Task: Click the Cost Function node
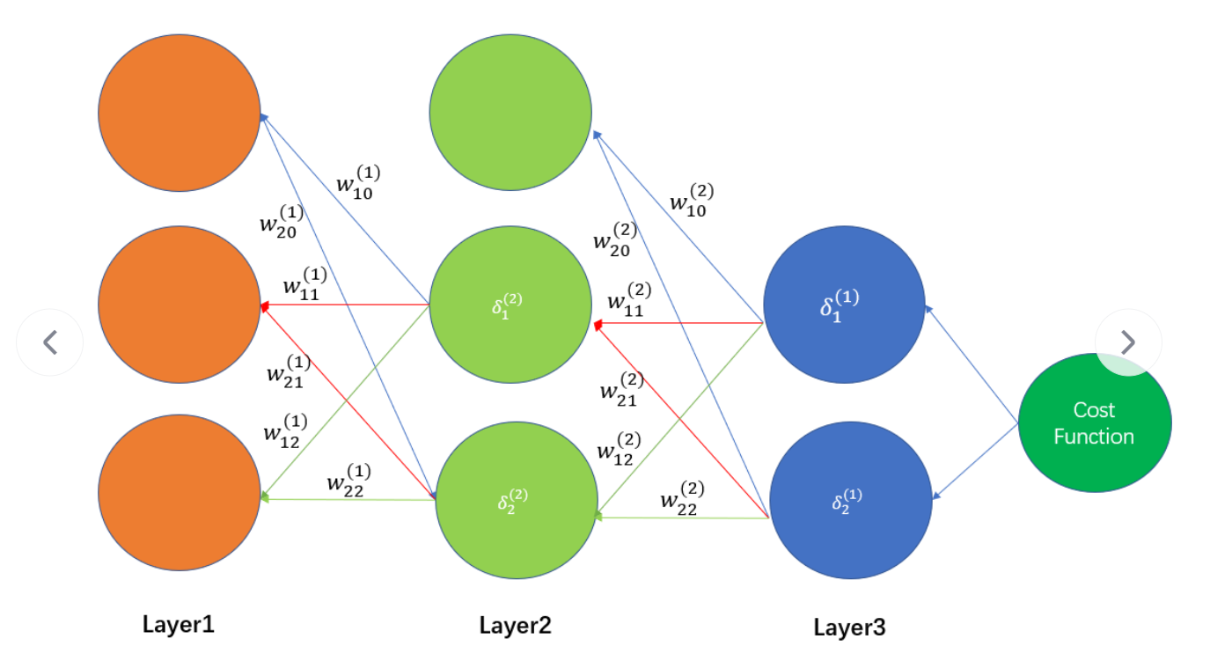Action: [1094, 424]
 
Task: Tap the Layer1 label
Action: [179, 625]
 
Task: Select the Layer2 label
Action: [516, 626]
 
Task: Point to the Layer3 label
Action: [849, 628]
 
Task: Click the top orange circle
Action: [180, 113]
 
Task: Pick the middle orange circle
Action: [180, 305]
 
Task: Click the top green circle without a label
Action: [510, 113]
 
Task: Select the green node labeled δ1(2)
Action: [510, 305]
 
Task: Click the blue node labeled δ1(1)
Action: [844, 306]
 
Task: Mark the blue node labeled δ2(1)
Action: [851, 500]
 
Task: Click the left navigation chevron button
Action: [50, 342]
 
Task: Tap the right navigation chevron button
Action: [1128, 342]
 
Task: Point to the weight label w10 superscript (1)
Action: [358, 180]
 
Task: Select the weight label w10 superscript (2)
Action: [692, 200]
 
